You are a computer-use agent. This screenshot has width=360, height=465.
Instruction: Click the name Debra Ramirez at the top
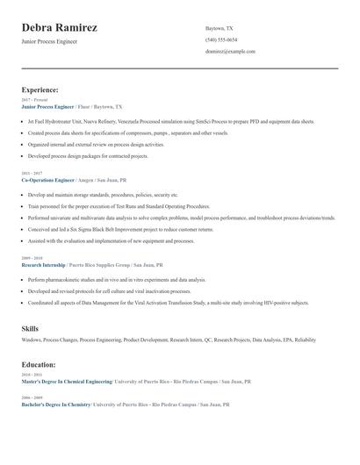pyautogui.click(x=59, y=28)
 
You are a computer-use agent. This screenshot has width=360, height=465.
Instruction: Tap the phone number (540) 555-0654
pyautogui.click(x=221, y=39)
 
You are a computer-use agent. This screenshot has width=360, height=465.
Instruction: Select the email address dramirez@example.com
pyautogui.click(x=230, y=52)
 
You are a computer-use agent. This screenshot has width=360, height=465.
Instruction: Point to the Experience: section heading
pyautogui.click(x=40, y=89)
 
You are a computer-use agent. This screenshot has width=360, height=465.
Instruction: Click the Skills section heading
pyautogui.click(x=30, y=328)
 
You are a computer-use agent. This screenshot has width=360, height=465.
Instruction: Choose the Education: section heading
pyautogui.click(x=39, y=364)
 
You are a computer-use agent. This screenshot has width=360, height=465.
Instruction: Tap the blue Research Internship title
pyautogui.click(x=43, y=264)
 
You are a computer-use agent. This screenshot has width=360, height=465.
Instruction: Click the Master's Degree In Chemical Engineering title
pyautogui.click(x=67, y=382)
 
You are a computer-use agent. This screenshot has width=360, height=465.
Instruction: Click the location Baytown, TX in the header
pyautogui.click(x=220, y=28)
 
